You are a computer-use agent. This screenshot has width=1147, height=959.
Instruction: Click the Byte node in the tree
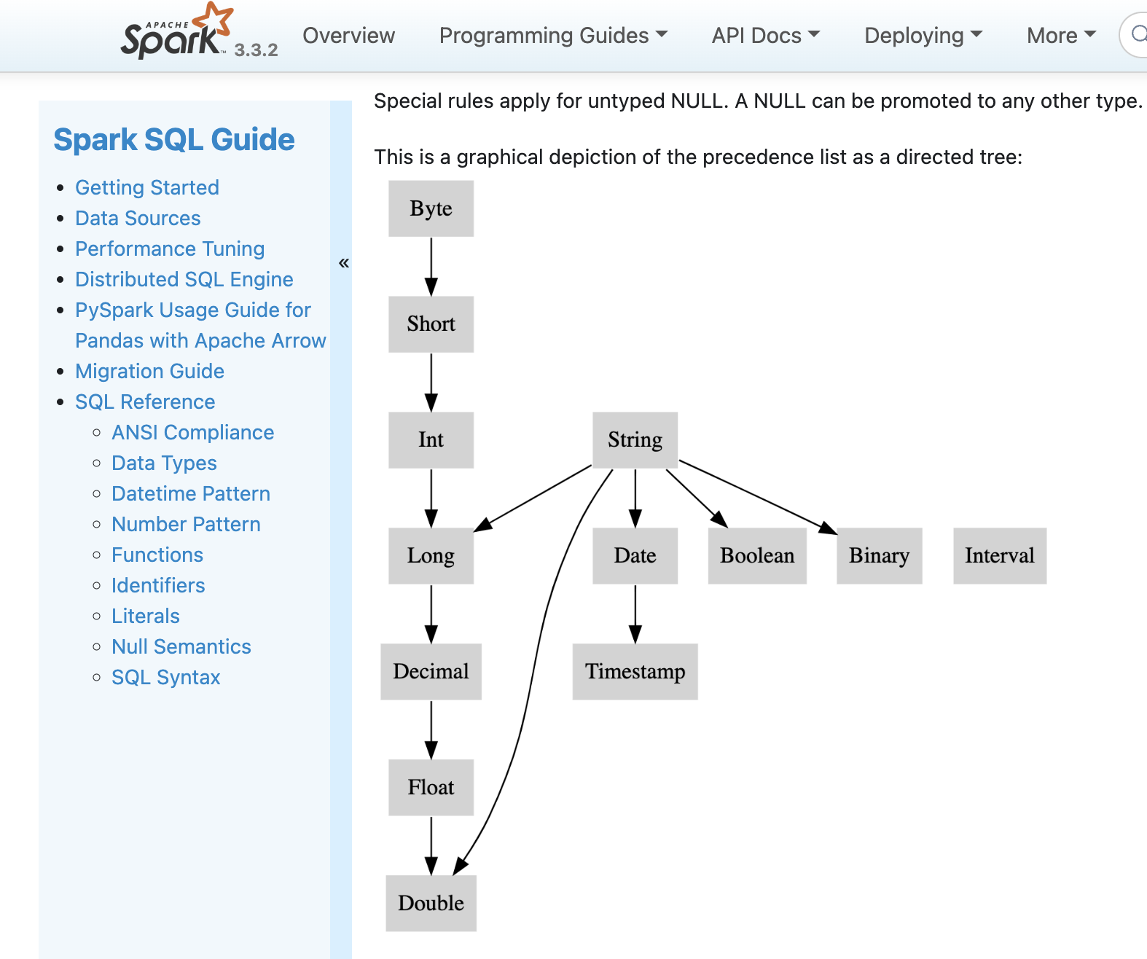tap(431, 208)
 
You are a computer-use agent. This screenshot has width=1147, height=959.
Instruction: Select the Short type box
tap(431, 324)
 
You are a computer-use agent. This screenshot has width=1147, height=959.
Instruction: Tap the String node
tap(635, 439)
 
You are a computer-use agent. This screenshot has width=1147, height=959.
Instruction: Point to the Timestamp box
tap(635, 671)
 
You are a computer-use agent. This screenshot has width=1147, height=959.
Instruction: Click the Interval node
tap(999, 555)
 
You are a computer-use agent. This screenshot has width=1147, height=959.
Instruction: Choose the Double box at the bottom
tap(431, 903)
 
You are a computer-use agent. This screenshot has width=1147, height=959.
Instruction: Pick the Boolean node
tap(757, 555)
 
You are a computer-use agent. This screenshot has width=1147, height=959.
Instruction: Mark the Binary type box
tap(879, 555)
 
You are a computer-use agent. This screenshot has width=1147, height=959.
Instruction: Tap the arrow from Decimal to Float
tap(431, 729)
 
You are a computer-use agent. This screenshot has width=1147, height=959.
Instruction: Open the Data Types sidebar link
tap(164, 463)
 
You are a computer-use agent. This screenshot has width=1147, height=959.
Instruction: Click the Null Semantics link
tap(181, 646)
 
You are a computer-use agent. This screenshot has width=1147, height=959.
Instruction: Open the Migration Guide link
tap(149, 371)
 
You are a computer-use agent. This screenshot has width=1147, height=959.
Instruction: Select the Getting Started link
tap(146, 187)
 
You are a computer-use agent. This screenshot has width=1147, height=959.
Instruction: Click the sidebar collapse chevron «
tap(344, 262)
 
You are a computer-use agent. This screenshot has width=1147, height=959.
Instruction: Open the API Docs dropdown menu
tap(765, 35)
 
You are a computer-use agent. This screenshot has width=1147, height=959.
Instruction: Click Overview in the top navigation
tap(348, 35)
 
